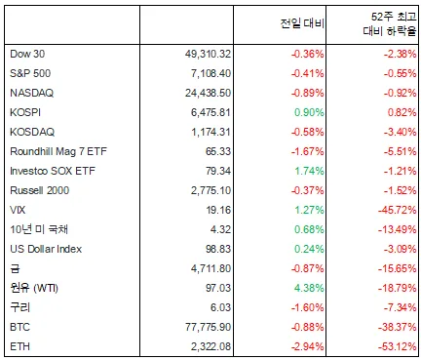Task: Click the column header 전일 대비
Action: click(302, 23)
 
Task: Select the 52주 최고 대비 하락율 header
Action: click(390, 23)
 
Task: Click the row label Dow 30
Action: click(27, 54)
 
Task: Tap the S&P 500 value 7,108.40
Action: click(210, 73)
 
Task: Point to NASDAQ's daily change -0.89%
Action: click(308, 93)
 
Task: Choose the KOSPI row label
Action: click(25, 112)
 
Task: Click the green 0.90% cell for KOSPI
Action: click(309, 112)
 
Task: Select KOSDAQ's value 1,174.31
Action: click(210, 132)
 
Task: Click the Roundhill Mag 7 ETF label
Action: click(58, 151)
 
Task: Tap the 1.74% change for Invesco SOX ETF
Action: click(309, 171)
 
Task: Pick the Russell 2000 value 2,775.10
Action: click(210, 190)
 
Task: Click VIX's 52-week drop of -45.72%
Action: click(398, 210)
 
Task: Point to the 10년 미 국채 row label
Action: click(39, 229)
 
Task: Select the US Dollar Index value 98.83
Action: click(218, 249)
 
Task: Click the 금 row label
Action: click(15, 268)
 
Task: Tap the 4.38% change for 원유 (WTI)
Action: click(309, 288)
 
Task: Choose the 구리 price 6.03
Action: click(220, 307)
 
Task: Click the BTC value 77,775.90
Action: click(209, 327)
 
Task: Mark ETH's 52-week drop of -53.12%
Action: click(398, 346)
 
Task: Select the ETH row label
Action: click(19, 346)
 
